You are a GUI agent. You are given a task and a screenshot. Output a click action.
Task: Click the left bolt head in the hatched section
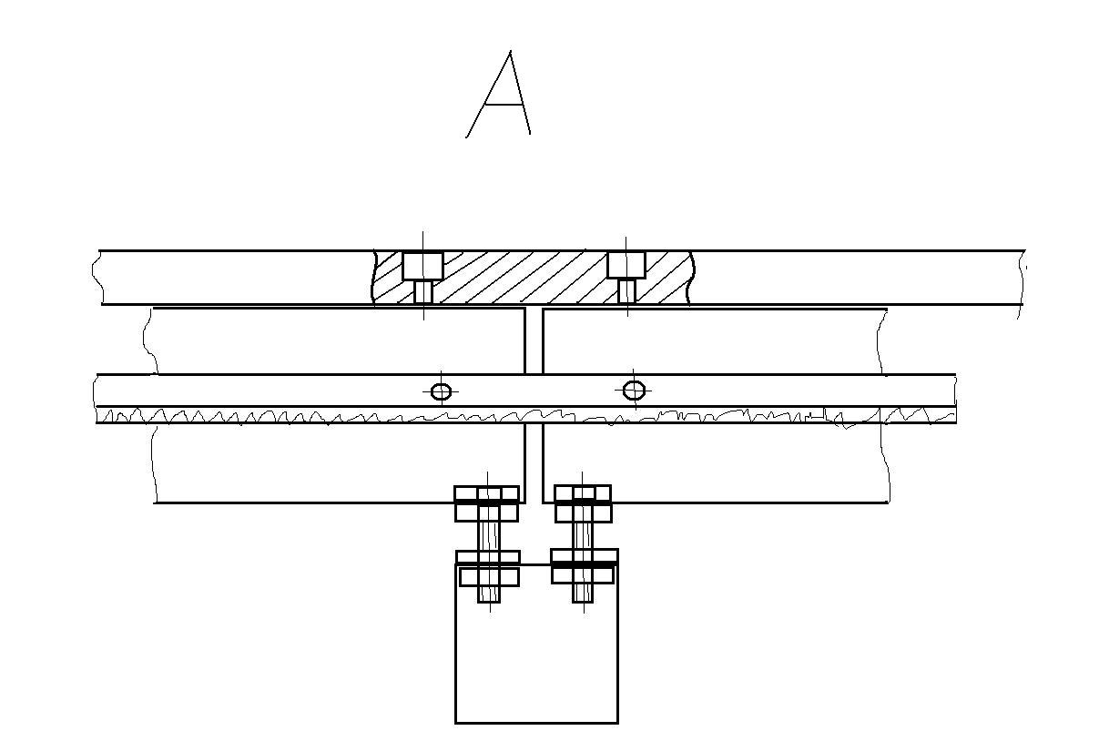[x=422, y=266]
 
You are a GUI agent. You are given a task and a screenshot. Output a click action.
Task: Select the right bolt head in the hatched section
[x=626, y=265]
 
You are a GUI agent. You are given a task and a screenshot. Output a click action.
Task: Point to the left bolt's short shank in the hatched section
[x=423, y=291]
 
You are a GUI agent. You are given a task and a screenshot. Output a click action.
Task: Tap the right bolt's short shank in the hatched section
[x=626, y=291]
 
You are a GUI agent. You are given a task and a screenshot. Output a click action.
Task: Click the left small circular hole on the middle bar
[x=441, y=391]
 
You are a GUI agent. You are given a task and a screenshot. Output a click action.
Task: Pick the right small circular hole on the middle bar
[x=634, y=391]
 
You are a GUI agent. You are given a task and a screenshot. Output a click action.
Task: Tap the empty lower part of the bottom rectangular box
[x=536, y=665]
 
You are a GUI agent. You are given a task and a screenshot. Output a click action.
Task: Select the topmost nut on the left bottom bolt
[x=487, y=493]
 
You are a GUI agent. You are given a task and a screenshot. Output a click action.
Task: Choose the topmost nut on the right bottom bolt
[x=583, y=493]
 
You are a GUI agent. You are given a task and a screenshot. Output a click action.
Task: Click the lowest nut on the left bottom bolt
[x=489, y=576]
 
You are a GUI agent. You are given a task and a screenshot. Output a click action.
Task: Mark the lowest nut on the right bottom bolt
[x=583, y=575]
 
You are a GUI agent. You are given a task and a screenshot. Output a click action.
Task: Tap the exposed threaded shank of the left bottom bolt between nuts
[x=489, y=536]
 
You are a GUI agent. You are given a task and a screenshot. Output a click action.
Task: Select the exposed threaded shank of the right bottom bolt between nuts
[x=583, y=536]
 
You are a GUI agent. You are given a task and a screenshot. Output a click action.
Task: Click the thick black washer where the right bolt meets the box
[x=584, y=564]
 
